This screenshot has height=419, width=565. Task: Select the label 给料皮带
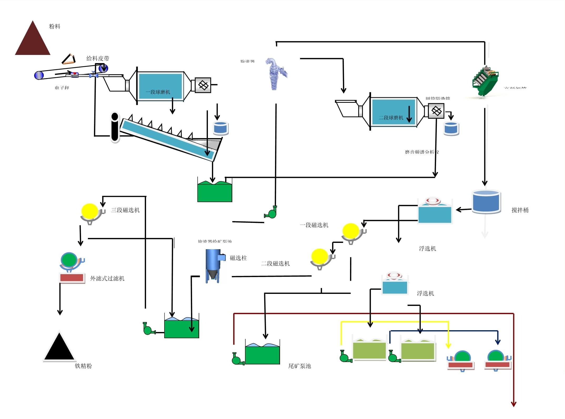coord(98,58)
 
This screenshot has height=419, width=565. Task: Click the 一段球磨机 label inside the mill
coord(158,92)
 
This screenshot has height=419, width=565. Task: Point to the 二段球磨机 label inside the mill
coord(391,118)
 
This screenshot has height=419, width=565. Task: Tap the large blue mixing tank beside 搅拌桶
coord(486,201)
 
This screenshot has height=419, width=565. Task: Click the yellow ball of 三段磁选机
coord(90,211)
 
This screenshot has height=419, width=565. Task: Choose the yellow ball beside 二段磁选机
coord(319,256)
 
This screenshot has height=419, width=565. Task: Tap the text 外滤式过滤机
coord(107,278)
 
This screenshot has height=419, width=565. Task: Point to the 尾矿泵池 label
coord(299,366)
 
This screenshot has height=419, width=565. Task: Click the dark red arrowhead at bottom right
coord(513,405)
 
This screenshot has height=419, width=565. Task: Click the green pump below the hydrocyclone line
coord(271,213)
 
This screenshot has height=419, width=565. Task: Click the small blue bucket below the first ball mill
coord(221,128)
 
